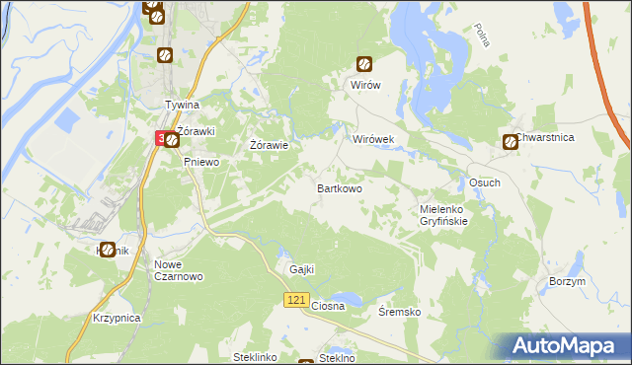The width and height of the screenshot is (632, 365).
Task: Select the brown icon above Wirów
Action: point(364,65)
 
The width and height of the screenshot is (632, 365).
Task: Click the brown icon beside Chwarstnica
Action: point(511,142)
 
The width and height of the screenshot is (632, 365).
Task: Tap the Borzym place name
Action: point(567,281)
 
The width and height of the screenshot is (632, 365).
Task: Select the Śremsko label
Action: point(400,312)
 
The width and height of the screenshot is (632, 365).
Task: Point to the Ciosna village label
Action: point(328,306)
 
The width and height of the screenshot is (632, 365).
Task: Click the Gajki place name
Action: point(301,269)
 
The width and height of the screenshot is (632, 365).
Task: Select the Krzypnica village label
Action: point(118,319)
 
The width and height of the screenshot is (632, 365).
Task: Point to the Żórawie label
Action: point(269,145)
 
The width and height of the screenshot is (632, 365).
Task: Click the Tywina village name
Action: point(182,105)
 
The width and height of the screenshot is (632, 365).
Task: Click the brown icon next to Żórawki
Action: point(172,141)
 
